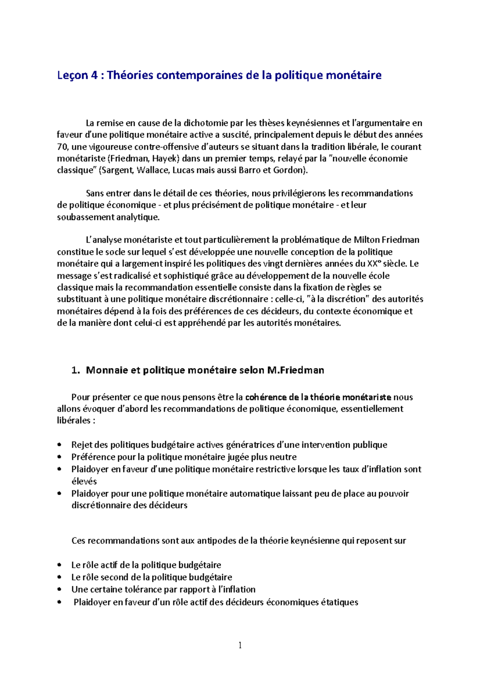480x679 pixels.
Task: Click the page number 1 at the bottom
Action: coord(240,645)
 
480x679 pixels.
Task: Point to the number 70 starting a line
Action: coord(62,147)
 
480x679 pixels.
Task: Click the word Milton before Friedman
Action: coord(366,240)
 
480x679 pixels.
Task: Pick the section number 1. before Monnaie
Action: coord(76,370)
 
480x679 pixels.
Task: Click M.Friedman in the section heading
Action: coord(296,370)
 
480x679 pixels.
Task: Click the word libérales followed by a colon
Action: coord(74,421)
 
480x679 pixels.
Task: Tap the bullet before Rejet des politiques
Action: coord(60,445)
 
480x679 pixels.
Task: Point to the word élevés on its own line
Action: coord(84,481)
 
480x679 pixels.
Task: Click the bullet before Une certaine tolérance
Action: coord(60,589)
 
